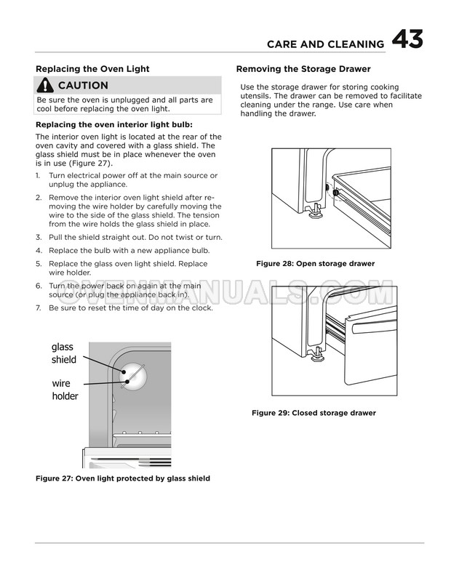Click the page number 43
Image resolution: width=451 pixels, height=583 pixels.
(x=407, y=39)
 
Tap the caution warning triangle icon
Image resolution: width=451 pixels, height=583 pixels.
(x=45, y=85)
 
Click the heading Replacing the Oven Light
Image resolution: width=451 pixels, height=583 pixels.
(x=92, y=69)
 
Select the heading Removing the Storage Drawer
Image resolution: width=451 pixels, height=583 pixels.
(x=303, y=69)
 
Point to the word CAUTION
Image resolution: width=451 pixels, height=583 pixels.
(x=83, y=86)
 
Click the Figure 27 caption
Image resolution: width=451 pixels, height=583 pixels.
(x=123, y=478)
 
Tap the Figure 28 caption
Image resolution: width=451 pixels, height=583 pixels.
(x=315, y=264)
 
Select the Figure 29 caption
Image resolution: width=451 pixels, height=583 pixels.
(x=314, y=413)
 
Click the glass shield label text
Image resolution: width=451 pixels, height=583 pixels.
(x=63, y=353)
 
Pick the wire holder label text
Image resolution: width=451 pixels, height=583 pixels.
(x=65, y=390)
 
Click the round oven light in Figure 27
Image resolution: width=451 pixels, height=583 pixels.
(x=133, y=377)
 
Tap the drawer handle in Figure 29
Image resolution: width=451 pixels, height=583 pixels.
(x=374, y=326)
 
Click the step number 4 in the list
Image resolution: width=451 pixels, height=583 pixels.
(x=39, y=251)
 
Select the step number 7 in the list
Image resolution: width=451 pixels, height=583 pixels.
(x=39, y=308)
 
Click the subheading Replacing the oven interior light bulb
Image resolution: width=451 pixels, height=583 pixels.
(x=114, y=125)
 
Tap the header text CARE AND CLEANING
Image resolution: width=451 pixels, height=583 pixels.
(x=326, y=44)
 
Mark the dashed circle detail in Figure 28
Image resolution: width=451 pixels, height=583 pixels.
(x=336, y=192)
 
